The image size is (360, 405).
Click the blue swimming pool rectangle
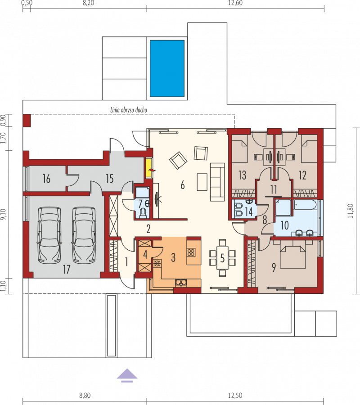tap(167, 68)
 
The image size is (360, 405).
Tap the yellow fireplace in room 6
tap(148, 168)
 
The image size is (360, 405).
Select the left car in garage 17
tap(49, 235)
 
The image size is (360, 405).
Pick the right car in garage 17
tap(84, 235)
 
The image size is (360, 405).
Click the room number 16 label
tap(46, 179)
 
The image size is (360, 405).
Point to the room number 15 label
tap(110, 179)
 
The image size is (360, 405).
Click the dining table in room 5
tap(222, 258)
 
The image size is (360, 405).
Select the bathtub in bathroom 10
tap(305, 205)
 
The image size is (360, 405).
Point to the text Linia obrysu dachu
tap(129, 110)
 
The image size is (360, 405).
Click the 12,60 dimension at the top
tap(235, 3)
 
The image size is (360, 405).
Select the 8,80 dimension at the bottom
tap(85, 396)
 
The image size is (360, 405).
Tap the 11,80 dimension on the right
tap(351, 211)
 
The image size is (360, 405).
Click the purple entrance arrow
tap(127, 375)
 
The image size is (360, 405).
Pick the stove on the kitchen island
tap(191, 252)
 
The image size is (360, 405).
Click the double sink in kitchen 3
tap(181, 283)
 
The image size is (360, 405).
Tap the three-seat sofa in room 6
tap(217, 182)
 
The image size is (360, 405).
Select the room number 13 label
tap(242, 175)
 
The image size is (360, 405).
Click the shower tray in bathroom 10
tap(283, 207)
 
